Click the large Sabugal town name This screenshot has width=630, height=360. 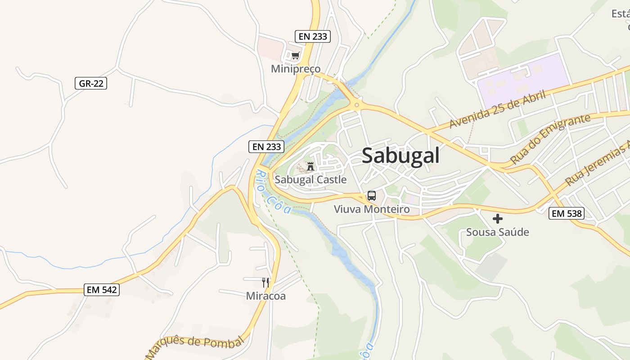point(400,156)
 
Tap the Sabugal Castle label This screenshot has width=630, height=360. point(310,180)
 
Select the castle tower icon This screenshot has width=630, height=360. point(310,166)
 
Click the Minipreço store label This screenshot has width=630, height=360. point(296,69)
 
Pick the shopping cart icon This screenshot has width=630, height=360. point(295,56)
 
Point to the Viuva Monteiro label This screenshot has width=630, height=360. point(372,209)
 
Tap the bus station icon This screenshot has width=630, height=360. point(371,196)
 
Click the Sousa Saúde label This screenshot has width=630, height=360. point(497,232)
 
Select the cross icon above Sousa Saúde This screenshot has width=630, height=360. point(497,219)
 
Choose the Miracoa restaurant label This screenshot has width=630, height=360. point(265,296)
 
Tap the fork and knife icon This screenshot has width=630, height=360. point(265,283)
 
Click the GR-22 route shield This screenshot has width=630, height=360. point(91,83)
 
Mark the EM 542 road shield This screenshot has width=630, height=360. point(102,290)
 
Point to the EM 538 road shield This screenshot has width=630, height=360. point(567,213)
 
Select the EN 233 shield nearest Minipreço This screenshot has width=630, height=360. point(313,36)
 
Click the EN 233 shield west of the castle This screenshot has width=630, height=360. point(267,146)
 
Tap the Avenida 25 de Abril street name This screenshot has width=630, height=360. point(498,109)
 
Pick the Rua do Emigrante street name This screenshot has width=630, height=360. point(550,139)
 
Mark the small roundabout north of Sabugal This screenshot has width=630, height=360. point(356,105)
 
